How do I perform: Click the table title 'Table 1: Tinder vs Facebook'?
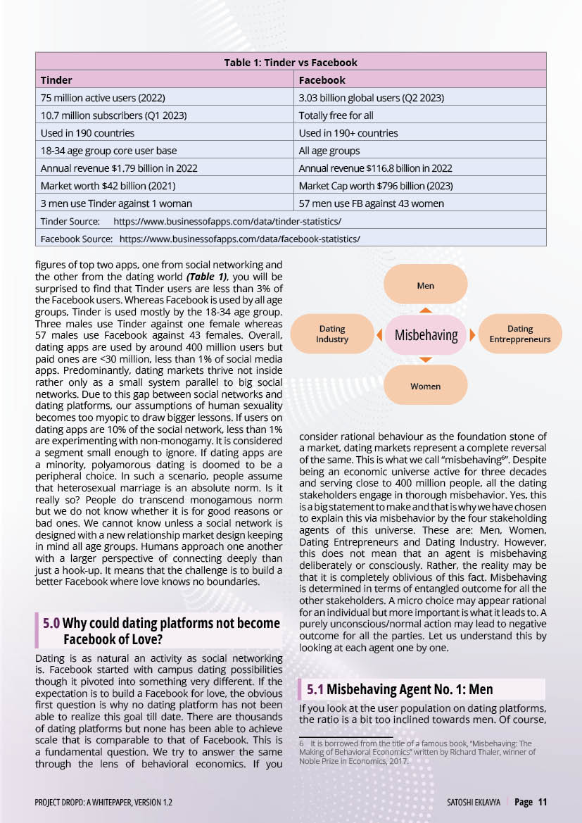point(291,63)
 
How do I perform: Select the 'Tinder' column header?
point(57,80)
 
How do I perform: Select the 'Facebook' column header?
point(322,80)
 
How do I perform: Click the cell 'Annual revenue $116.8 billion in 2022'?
point(375,168)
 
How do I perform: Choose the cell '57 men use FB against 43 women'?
point(371,203)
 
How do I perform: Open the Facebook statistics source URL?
point(239,239)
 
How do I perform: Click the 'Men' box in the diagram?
point(425,285)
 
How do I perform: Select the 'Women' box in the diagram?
point(425,386)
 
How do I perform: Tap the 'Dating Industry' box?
point(332,334)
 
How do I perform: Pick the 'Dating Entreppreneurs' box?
point(519,334)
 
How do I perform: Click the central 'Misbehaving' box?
point(426,335)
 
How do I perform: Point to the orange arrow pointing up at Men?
point(425,309)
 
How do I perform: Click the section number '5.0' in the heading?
point(51,623)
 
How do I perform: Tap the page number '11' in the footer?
point(542,802)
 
